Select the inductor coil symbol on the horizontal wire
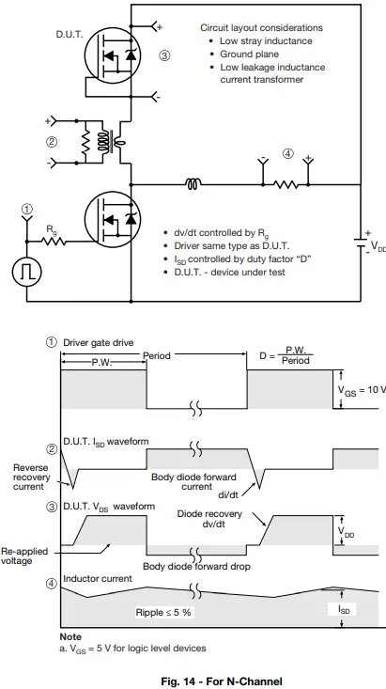192,184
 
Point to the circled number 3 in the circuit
164,55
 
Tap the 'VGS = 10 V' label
361,389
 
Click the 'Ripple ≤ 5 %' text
165,611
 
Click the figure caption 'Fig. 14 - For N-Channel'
221,681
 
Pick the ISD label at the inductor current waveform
347,609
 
